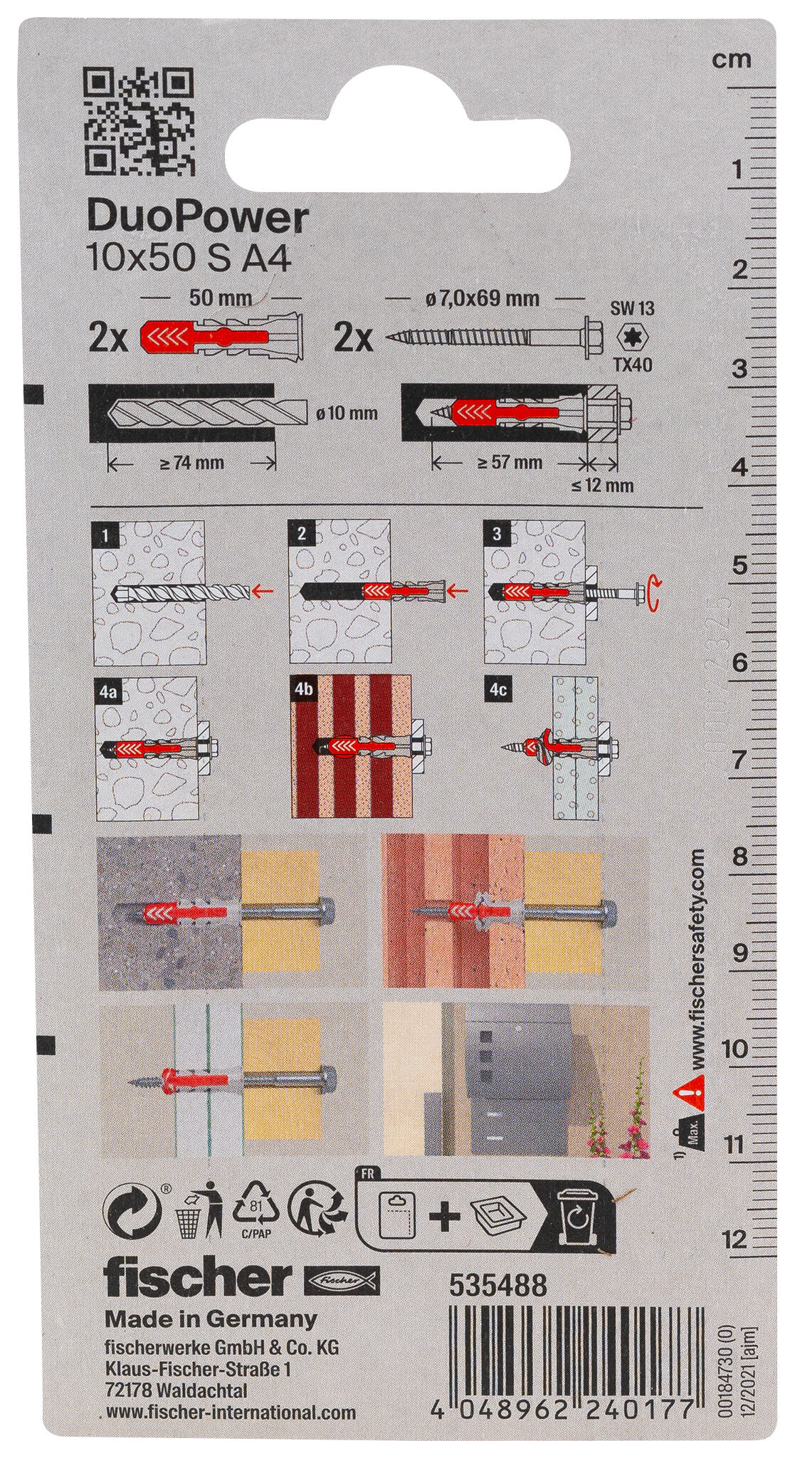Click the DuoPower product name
(198, 219)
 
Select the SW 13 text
(632, 308)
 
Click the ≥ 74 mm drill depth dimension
(192, 463)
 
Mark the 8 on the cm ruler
(740, 856)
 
